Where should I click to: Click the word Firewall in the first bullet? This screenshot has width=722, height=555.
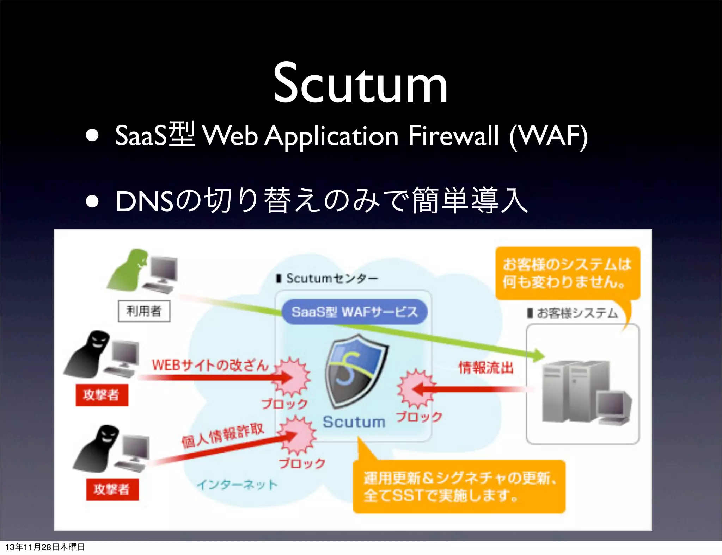coord(453,136)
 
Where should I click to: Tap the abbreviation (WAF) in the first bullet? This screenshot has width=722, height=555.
coord(549,136)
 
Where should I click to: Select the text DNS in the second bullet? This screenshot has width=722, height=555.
coord(145,201)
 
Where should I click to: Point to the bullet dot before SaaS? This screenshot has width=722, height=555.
coord(92,136)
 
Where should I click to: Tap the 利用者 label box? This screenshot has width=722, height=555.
coord(144,311)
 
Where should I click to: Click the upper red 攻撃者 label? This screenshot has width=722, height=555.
coord(102,395)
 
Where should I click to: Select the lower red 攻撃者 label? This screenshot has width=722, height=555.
coord(112,489)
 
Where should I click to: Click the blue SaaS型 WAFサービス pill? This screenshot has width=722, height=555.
coord(354,312)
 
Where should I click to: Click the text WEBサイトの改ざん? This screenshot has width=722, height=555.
coord(210,365)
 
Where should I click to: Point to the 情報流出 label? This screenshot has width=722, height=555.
coord(486,368)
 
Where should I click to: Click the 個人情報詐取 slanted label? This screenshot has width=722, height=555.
coord(223,436)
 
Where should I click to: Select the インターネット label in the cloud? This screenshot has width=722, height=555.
coord(237,485)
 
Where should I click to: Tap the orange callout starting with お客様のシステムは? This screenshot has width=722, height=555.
coord(567,273)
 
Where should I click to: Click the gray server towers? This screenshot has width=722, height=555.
coord(575,391)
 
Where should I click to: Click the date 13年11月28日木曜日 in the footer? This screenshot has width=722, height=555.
coord(45,547)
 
